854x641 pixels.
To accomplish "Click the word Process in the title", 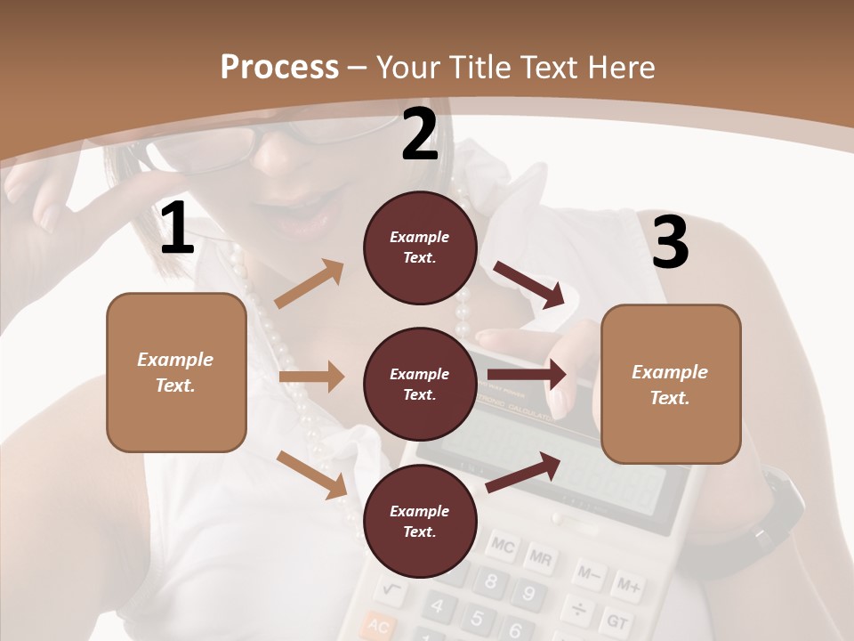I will pyautogui.click(x=279, y=67).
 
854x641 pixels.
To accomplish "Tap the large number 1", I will pyautogui.click(x=177, y=229).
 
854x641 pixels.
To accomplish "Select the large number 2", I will pyautogui.click(x=420, y=134).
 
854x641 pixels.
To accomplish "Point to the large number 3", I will pyautogui.click(x=670, y=243).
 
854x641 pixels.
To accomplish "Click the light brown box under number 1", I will pyautogui.click(x=176, y=372).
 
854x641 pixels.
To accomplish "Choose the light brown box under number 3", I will pyautogui.click(x=671, y=384).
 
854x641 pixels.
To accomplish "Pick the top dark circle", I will pyautogui.click(x=420, y=247).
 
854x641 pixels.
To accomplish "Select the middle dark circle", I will pyautogui.click(x=420, y=384).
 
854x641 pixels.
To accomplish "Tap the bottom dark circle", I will pyautogui.click(x=420, y=521).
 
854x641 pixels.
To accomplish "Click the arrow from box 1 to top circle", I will pyautogui.click(x=310, y=284).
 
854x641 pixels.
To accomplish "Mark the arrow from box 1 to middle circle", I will pyautogui.click(x=310, y=377).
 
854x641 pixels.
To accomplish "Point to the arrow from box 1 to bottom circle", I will pyautogui.click(x=312, y=474).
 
